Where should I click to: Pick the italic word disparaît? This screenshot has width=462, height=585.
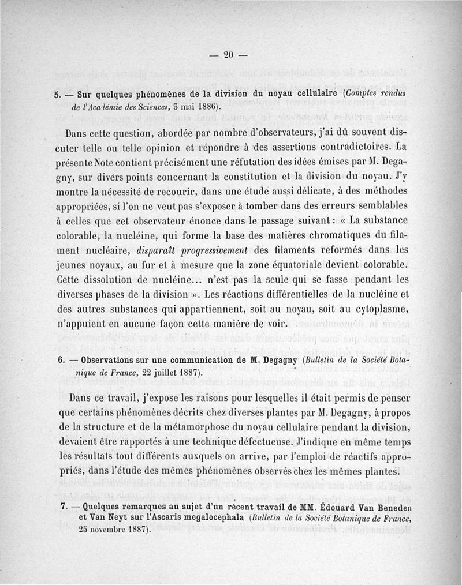pos(158,251)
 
